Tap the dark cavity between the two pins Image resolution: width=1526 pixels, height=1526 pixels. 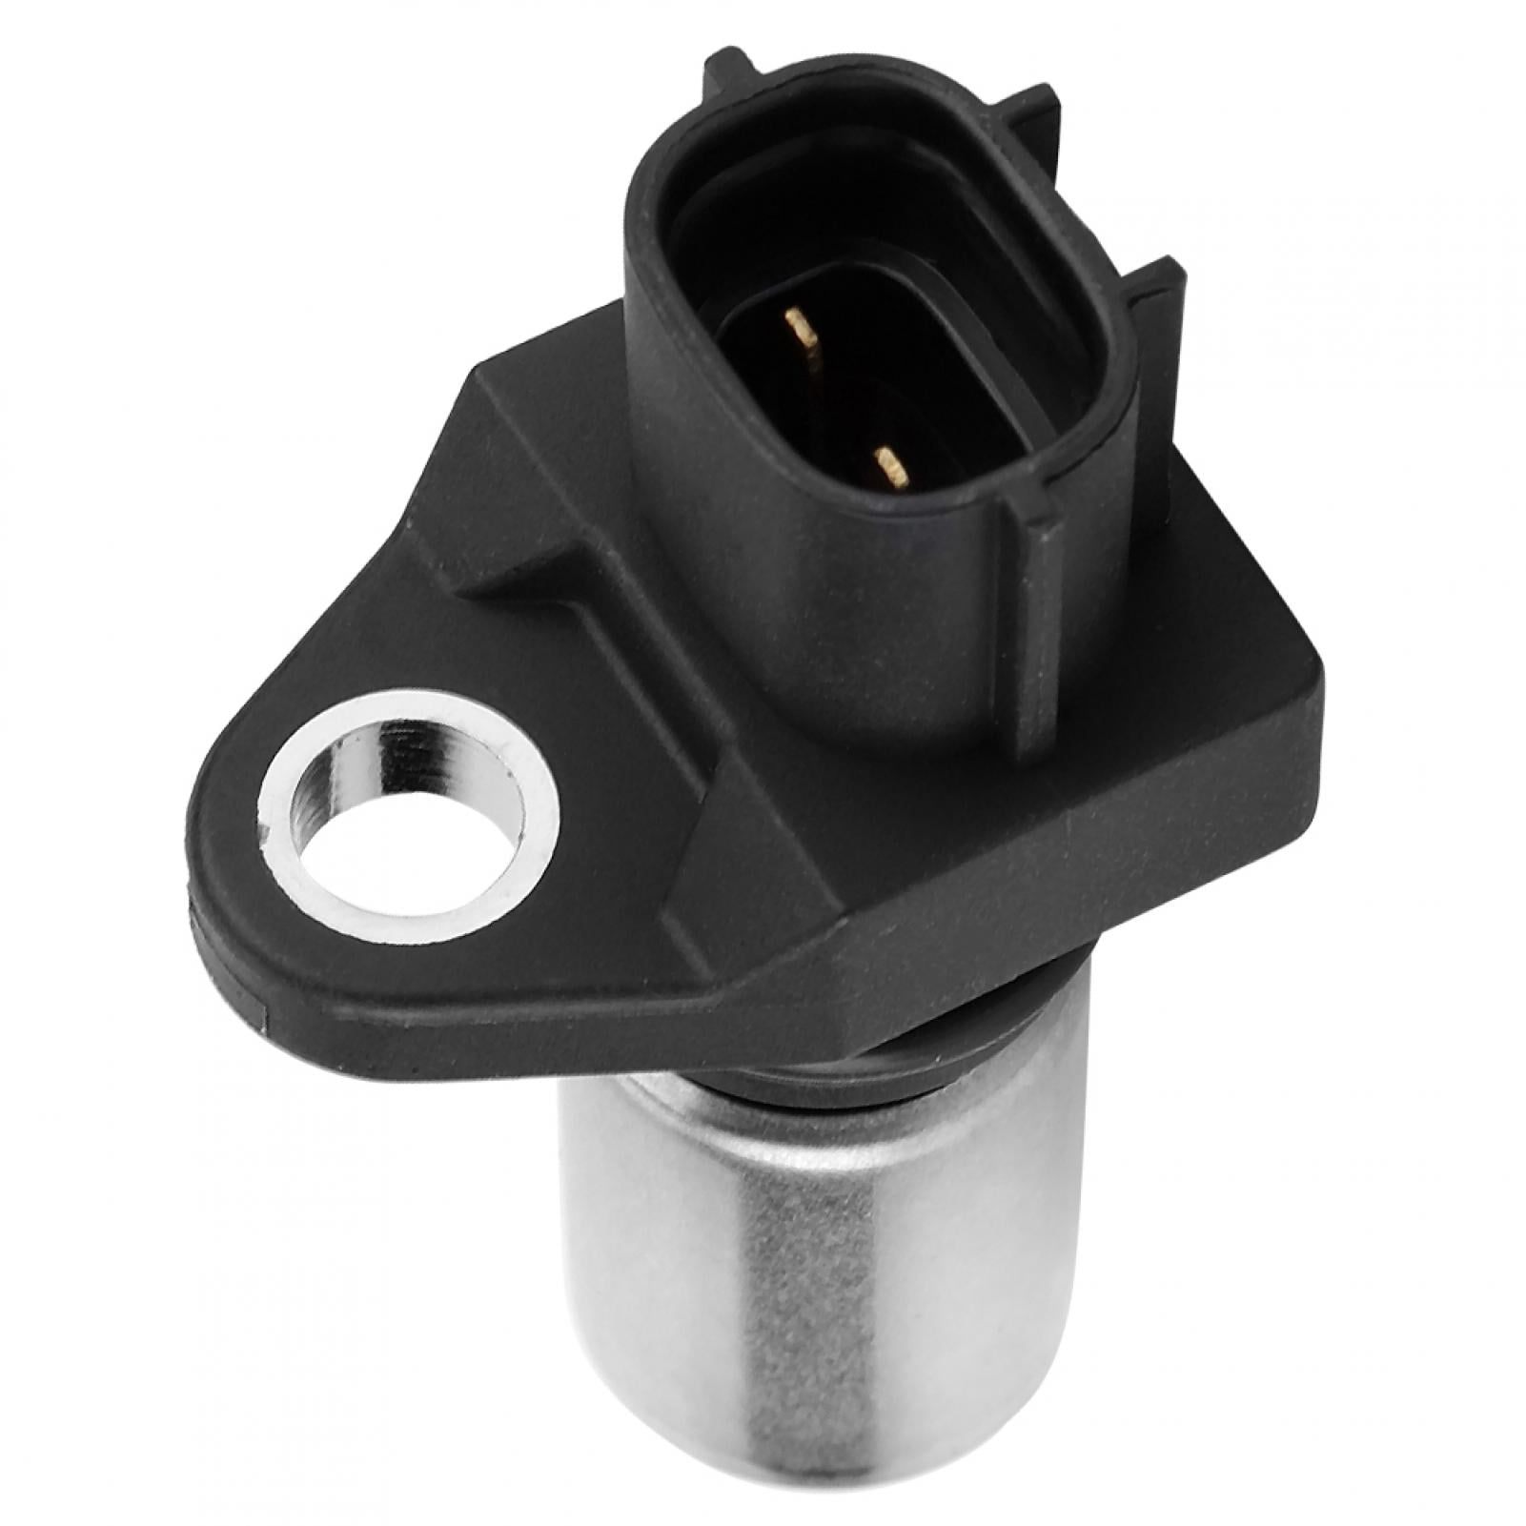[839, 400]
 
